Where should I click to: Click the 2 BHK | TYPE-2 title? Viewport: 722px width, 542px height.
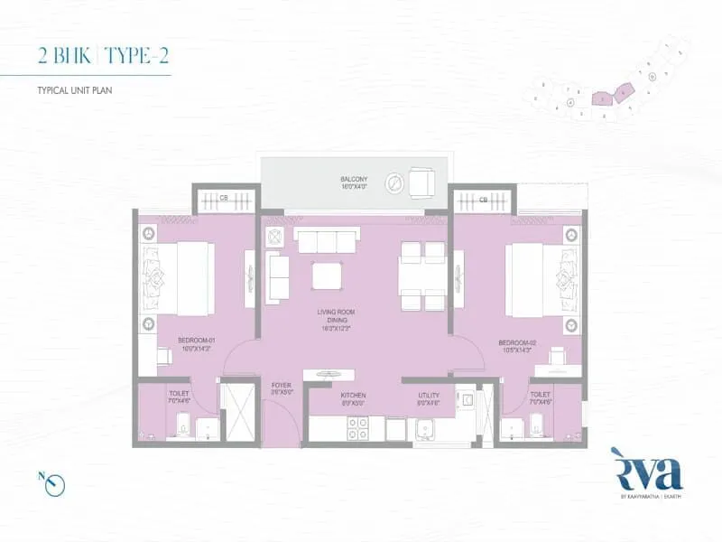[104, 56]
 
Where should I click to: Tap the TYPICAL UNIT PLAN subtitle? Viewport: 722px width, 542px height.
[74, 91]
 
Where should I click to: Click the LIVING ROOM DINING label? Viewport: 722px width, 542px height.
[335, 317]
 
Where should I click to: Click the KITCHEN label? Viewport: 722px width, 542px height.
[352, 397]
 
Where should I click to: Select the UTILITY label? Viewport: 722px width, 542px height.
[428, 397]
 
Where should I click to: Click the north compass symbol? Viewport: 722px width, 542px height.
[54, 482]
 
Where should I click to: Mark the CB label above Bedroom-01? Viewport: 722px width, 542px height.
[223, 198]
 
